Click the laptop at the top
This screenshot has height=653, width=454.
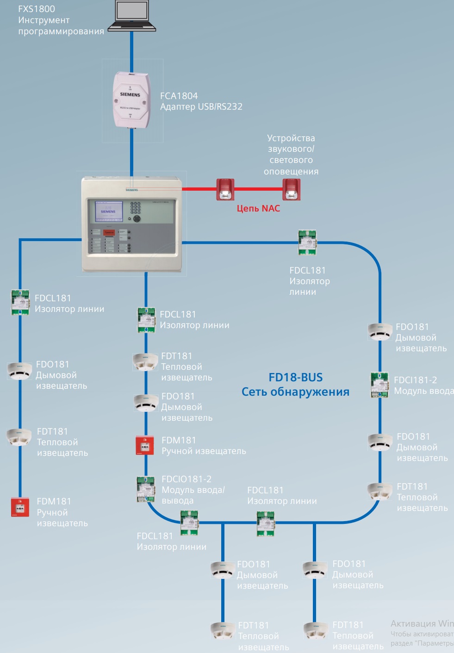click(x=131, y=16)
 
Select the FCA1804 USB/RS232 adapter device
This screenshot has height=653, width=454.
click(x=132, y=99)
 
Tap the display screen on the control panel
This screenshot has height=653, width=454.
click(x=109, y=211)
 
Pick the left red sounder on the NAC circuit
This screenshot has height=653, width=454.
click(x=225, y=189)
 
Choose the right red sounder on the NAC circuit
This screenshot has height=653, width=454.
click(x=292, y=189)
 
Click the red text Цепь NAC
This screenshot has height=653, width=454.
click(x=258, y=208)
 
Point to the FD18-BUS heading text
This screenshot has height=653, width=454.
click(x=295, y=377)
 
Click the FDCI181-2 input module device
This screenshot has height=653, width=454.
click(x=379, y=385)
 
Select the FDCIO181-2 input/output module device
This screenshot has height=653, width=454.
click(x=146, y=490)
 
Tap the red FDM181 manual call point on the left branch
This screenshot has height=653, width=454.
click(x=20, y=507)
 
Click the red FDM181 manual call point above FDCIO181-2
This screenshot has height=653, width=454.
click(x=145, y=445)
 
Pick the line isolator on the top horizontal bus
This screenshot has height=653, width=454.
click(x=307, y=242)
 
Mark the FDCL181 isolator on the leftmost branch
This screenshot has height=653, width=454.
click(x=20, y=302)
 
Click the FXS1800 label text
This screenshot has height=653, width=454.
click(x=37, y=9)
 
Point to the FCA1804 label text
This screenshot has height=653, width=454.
click(x=179, y=96)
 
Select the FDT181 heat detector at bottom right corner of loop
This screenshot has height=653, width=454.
click(x=379, y=491)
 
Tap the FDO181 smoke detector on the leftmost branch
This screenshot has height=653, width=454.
click(x=19, y=371)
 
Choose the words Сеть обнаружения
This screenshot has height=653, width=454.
click(x=295, y=392)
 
